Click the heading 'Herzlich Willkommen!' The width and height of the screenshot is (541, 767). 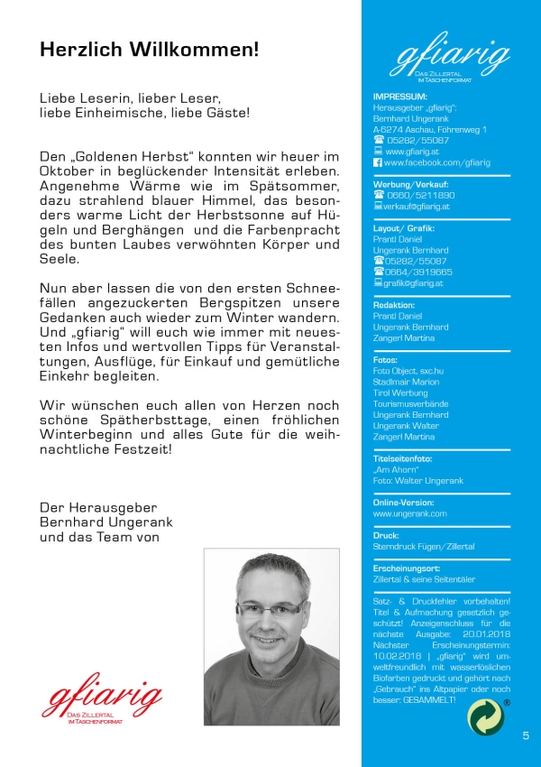pyautogui.click(x=149, y=50)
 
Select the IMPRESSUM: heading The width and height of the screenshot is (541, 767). pyautogui.click(x=400, y=97)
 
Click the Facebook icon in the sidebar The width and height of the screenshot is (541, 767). pyautogui.click(x=378, y=162)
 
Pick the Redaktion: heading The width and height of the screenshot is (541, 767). pyautogui.click(x=394, y=305)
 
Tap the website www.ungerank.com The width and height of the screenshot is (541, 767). pyautogui.click(x=410, y=513)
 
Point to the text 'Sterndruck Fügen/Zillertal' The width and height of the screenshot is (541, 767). pyautogui.click(x=424, y=547)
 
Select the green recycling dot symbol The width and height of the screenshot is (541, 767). pyautogui.click(x=488, y=716)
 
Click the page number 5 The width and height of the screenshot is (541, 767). pyautogui.click(x=526, y=736)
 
